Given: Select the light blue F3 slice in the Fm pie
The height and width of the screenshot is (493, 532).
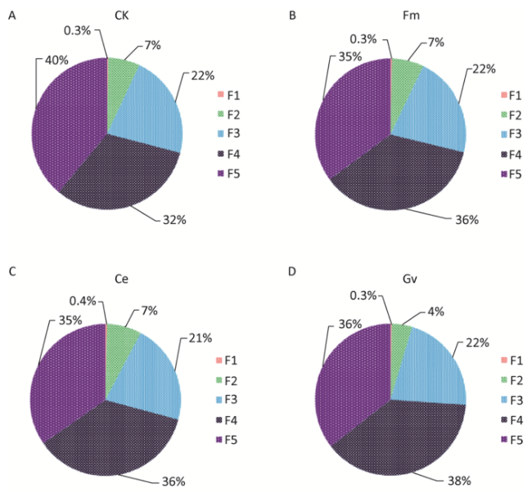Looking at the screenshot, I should [435, 114].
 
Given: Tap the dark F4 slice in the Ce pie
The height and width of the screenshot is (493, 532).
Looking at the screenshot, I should [115, 441].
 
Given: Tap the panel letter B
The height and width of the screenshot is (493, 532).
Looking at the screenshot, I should [291, 14].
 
